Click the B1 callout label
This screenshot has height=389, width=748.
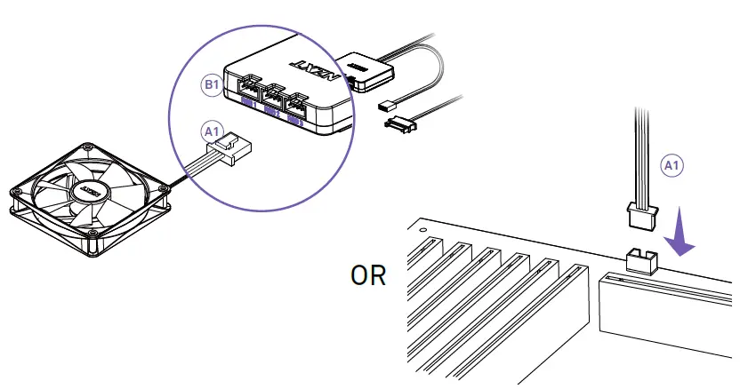(x=211, y=85)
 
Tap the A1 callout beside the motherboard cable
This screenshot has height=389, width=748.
(x=672, y=164)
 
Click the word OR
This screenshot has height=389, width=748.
(x=367, y=275)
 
